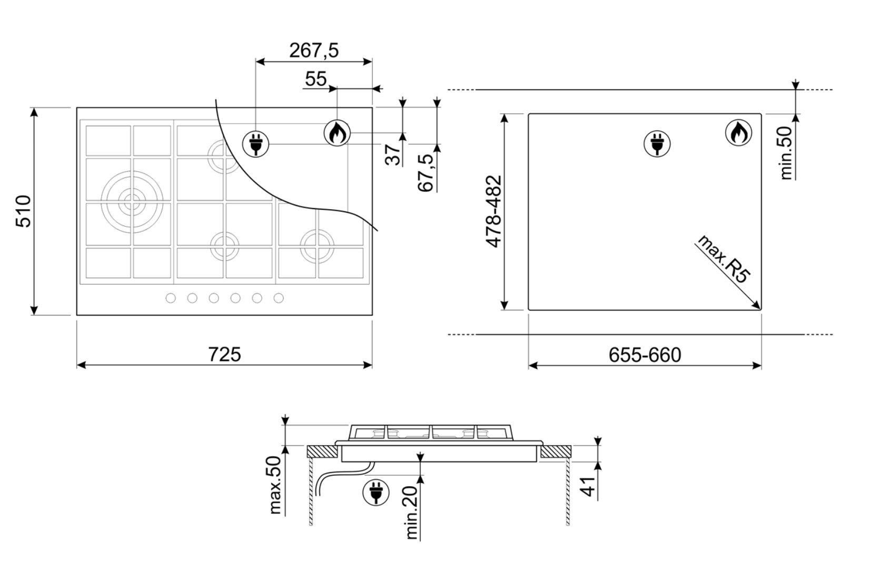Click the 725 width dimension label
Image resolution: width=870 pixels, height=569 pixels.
[x=224, y=354]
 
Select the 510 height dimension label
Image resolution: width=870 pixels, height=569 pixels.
[x=24, y=211]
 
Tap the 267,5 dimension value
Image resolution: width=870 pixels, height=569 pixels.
[x=314, y=51]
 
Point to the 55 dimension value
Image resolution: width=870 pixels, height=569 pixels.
[x=316, y=79]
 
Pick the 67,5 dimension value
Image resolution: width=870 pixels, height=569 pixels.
[x=427, y=172]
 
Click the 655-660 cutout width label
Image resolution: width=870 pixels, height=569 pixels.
[x=645, y=355]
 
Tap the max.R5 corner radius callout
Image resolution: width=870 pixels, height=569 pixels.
[x=724, y=260]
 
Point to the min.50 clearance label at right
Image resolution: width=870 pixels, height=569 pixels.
[x=786, y=153]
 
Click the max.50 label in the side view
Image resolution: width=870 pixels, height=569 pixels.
[x=276, y=485]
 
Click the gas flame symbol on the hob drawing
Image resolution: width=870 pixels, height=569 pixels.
[x=337, y=133]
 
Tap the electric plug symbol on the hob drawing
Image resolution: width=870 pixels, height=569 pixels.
[x=256, y=143]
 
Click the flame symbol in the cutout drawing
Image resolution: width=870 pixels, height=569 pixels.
[x=738, y=133]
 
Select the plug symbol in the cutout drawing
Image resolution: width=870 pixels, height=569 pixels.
[x=657, y=143]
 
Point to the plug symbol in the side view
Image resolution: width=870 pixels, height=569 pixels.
[x=376, y=492]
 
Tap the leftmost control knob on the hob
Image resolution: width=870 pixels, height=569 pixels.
[x=171, y=298]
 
